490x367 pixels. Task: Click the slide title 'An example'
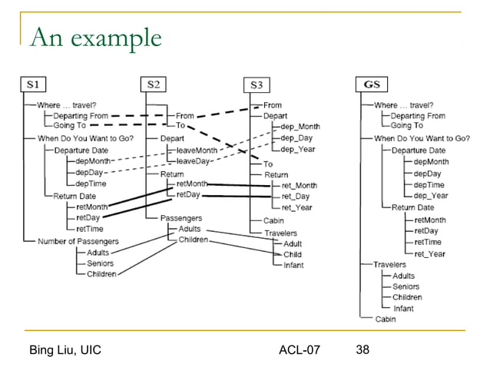(95, 36)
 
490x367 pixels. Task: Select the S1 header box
(37, 82)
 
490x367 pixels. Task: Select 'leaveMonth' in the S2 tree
(197, 150)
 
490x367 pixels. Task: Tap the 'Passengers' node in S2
(181, 218)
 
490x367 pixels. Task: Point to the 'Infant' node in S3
(293, 265)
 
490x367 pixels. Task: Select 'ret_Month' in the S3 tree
(300, 185)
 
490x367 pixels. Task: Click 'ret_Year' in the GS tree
(429, 253)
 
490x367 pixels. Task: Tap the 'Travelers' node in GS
(390, 264)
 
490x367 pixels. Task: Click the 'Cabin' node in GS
(386, 319)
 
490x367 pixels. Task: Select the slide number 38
(363, 350)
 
